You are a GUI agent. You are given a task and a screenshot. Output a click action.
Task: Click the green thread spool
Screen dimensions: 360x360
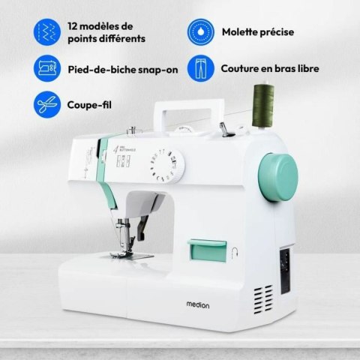click(x=263, y=106)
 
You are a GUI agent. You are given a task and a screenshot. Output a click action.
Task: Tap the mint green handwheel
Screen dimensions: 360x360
click(x=278, y=177)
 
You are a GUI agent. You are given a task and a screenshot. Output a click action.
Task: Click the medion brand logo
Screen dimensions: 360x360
click(x=198, y=304)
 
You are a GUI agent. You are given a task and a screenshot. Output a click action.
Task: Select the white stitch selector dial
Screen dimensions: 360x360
click(x=167, y=166)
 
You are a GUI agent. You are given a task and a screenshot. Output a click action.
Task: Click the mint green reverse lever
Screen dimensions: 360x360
click(x=207, y=250)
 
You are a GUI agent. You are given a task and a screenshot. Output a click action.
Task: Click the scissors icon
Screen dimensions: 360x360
click(x=47, y=104)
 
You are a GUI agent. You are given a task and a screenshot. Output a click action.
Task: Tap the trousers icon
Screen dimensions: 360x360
click(x=201, y=68)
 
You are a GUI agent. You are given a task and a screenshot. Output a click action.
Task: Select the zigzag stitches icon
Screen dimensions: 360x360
click(x=47, y=32)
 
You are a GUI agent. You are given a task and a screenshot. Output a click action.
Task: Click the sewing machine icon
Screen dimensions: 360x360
click(x=47, y=68)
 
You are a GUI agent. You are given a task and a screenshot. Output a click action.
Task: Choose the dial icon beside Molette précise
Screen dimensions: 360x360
click(x=201, y=32)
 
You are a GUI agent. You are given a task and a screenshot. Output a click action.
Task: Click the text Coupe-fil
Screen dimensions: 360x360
click(x=89, y=105)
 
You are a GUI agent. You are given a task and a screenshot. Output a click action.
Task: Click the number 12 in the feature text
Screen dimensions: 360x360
click(x=73, y=26)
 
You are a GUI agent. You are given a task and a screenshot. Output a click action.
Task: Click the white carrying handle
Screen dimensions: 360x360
click(x=189, y=115)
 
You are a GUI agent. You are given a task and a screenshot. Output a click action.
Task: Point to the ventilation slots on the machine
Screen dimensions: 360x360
click(x=263, y=299)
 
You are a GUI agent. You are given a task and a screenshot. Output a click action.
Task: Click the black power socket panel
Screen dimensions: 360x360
click(x=285, y=271)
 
